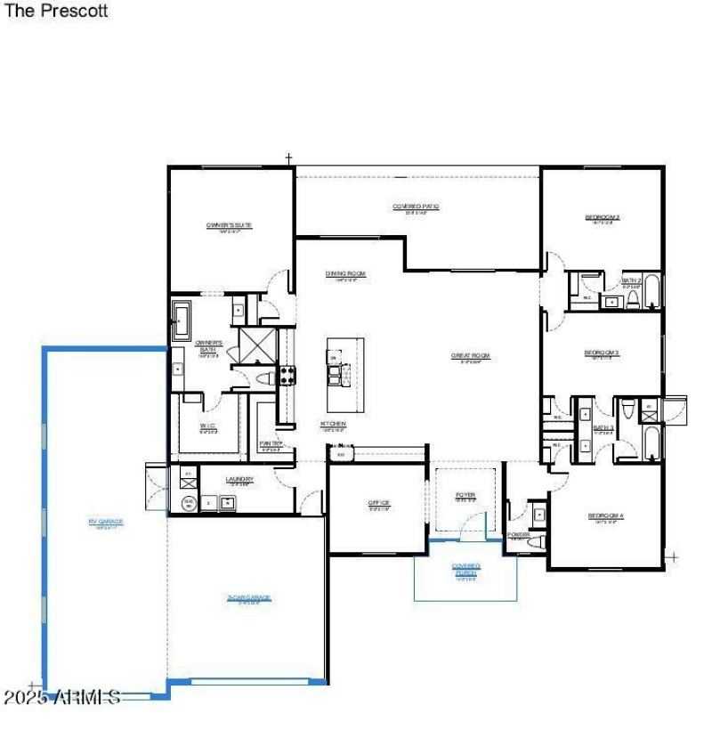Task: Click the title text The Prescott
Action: tap(56, 12)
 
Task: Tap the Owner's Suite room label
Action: tap(230, 225)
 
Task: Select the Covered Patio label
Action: tap(416, 207)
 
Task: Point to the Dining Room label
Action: tap(345, 273)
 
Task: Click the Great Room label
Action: tap(471, 355)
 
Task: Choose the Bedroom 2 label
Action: tap(603, 217)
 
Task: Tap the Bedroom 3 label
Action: tap(602, 353)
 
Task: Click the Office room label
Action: tap(379, 503)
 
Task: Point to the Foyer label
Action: tap(465, 495)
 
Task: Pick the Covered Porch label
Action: tap(465, 568)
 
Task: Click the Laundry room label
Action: tap(239, 479)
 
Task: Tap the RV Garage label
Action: tap(105, 522)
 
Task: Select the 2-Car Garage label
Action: tap(248, 597)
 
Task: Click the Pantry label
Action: tap(271, 443)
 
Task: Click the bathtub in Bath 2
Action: tap(652, 291)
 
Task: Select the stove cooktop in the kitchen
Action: tap(288, 376)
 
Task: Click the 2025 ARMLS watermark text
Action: tap(62, 696)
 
